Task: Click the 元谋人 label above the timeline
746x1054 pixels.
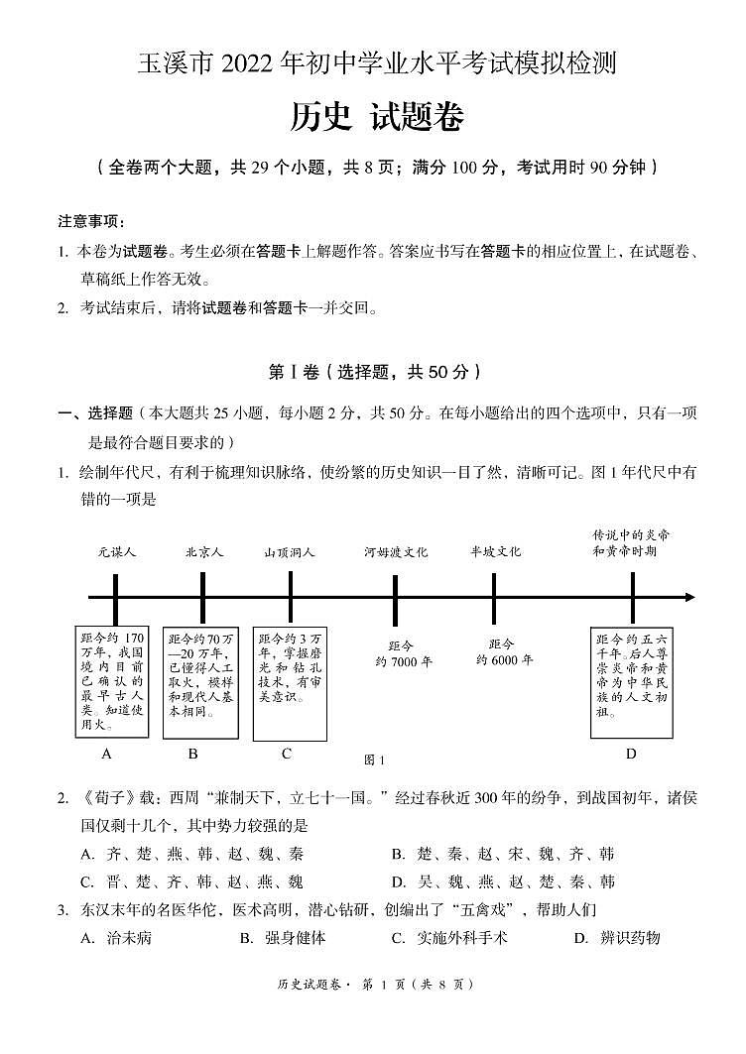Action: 116,552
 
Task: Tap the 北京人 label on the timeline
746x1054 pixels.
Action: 203,552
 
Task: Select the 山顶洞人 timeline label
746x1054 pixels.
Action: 290,552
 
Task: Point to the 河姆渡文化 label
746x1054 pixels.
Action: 395,552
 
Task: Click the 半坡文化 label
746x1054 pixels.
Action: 494,552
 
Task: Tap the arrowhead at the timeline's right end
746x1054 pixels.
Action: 689,597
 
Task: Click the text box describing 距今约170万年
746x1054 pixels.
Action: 112,680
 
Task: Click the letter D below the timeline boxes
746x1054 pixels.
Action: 631,754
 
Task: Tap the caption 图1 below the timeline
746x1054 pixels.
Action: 374,760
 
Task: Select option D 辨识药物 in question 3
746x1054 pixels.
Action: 617,938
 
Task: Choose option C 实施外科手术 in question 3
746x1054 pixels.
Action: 448,938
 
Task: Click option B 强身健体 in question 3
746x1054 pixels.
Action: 282,938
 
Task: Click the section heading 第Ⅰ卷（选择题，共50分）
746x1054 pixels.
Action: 374,372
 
